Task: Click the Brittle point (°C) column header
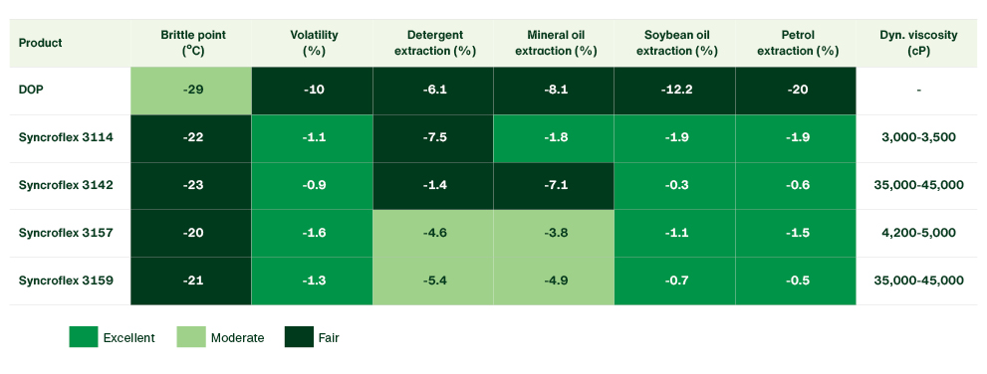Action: [x=193, y=42]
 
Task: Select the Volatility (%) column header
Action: [x=314, y=42]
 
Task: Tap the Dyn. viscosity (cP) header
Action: [x=918, y=42]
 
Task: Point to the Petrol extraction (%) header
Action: [x=797, y=42]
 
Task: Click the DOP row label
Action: [x=31, y=90]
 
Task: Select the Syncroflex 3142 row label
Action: [x=66, y=185]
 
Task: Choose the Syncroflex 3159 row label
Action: [x=66, y=280]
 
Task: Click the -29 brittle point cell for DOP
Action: [x=193, y=90]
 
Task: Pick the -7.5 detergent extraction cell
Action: [x=435, y=137]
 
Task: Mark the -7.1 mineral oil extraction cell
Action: [x=556, y=185]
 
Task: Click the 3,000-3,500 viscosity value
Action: [x=918, y=137]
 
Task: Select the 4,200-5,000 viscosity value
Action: [x=918, y=233]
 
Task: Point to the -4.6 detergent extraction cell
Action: [x=435, y=233]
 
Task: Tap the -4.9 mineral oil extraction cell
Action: [x=556, y=280]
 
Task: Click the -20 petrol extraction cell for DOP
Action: [x=797, y=90]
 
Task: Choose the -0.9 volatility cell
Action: [x=314, y=185]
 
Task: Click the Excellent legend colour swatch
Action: [x=83, y=337]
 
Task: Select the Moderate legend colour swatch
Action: [x=190, y=337]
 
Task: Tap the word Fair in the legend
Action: [x=330, y=338]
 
